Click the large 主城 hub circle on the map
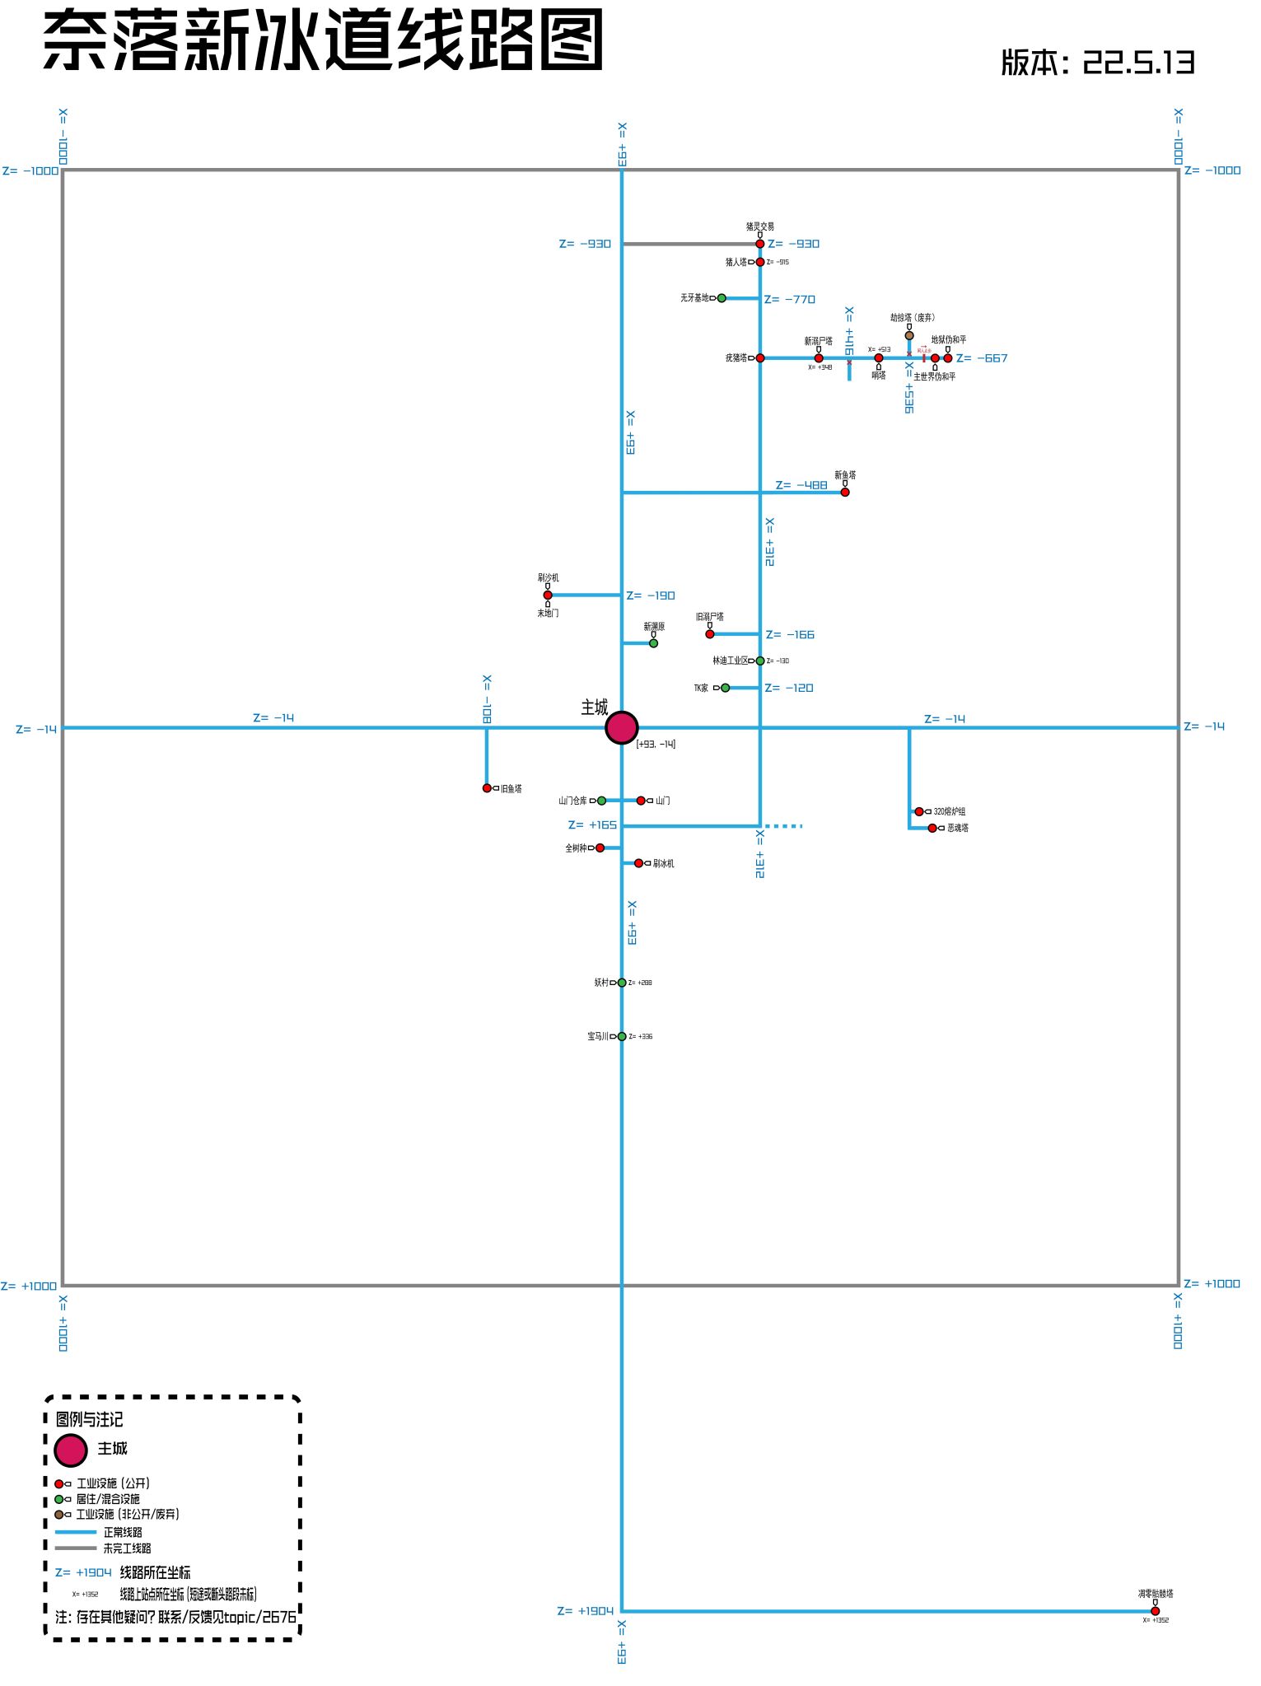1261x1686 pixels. (x=622, y=727)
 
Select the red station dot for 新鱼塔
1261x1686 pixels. (x=844, y=492)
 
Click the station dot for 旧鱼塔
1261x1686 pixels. (x=487, y=788)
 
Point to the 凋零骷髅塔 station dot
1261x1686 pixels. (x=1155, y=1611)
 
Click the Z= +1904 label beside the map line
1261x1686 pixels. (x=585, y=1611)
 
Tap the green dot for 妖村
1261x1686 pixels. (x=622, y=982)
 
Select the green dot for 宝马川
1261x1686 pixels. (x=622, y=1036)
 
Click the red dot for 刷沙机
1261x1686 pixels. (x=548, y=595)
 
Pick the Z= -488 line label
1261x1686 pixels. (x=801, y=485)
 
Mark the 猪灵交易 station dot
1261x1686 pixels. (x=760, y=244)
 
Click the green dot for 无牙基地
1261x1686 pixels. (x=722, y=298)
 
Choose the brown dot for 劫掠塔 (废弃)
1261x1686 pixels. (x=909, y=335)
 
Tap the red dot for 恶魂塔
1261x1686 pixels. (x=932, y=828)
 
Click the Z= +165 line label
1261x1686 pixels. (x=592, y=824)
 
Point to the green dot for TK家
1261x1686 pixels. (x=725, y=688)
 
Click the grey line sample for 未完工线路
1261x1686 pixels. (x=76, y=1548)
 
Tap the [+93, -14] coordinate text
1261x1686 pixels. (x=656, y=744)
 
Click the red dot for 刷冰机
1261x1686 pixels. (x=638, y=863)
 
